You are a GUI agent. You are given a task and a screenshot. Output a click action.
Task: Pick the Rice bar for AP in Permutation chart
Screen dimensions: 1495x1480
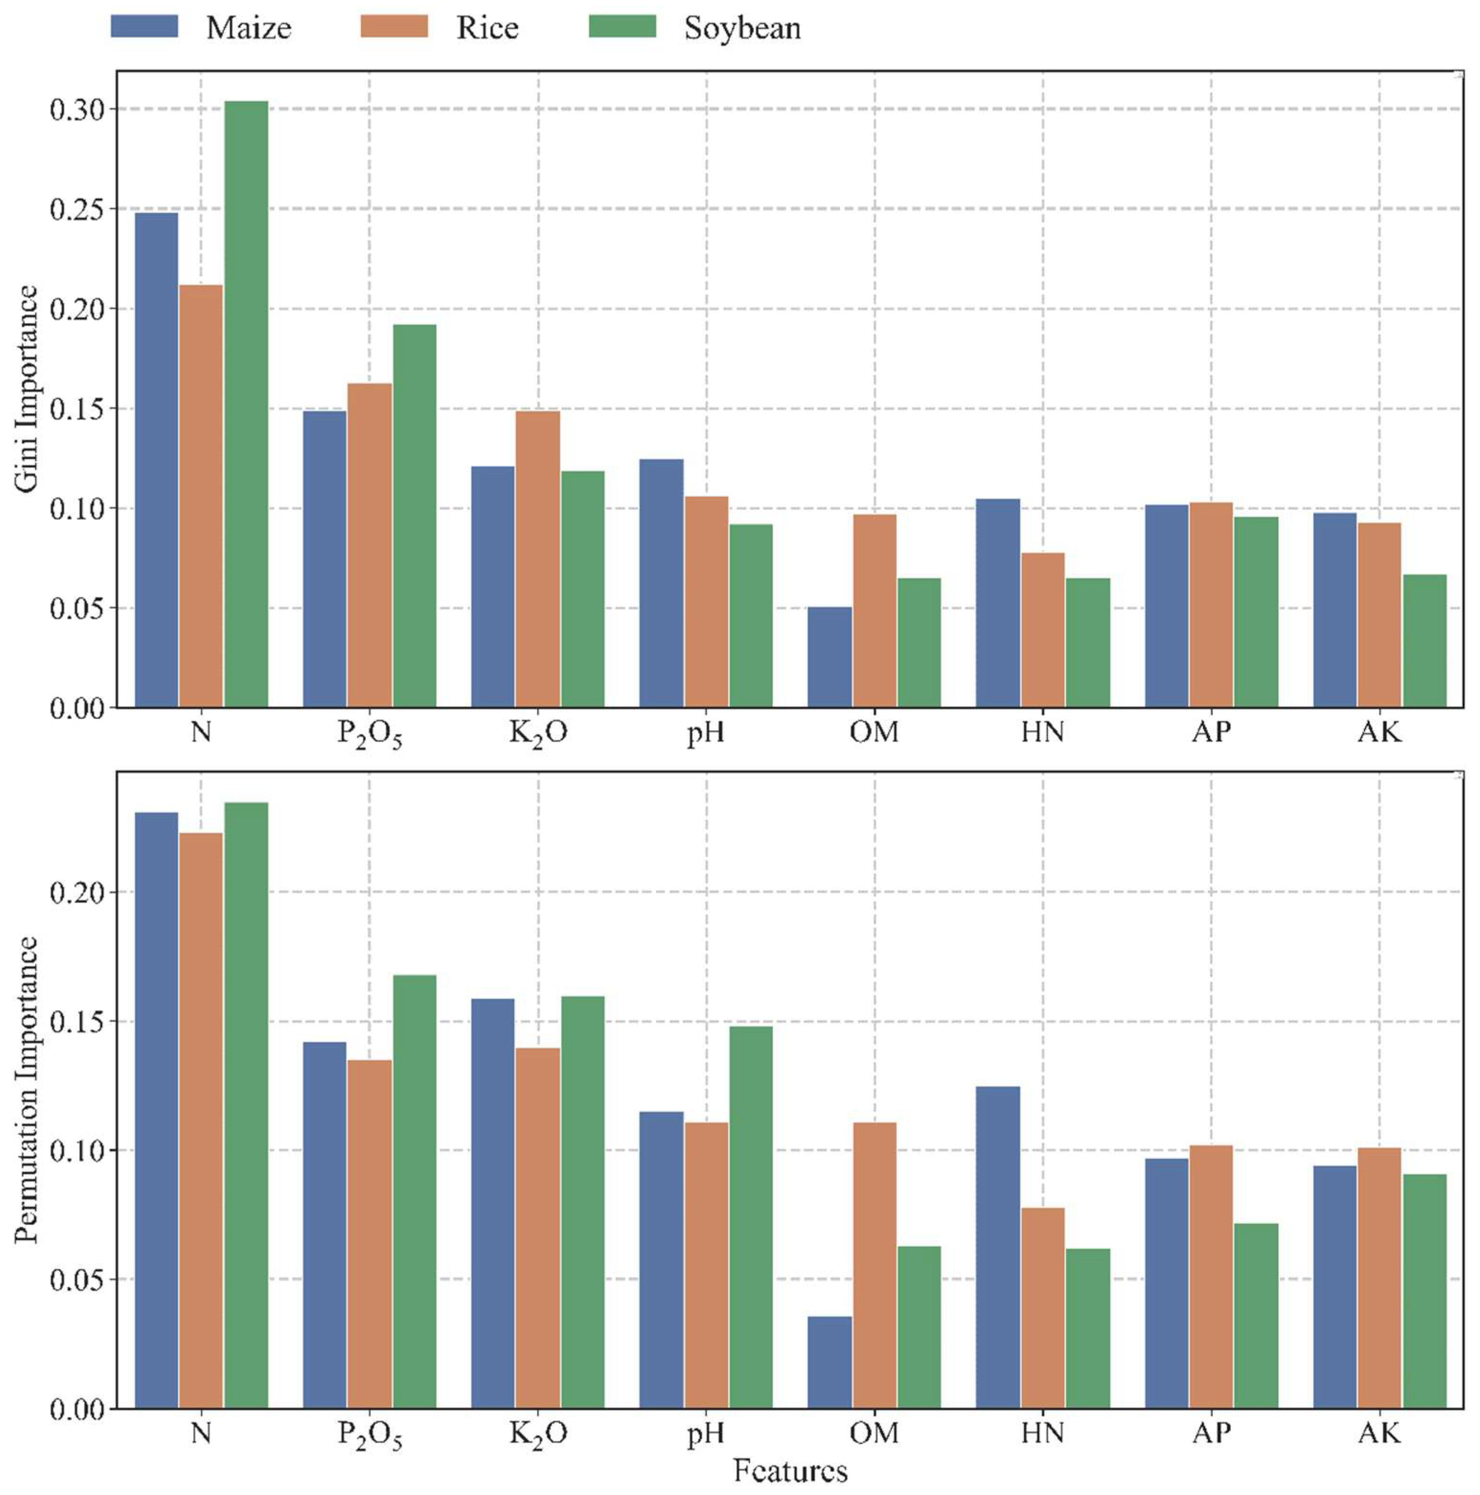coord(1211,1277)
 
